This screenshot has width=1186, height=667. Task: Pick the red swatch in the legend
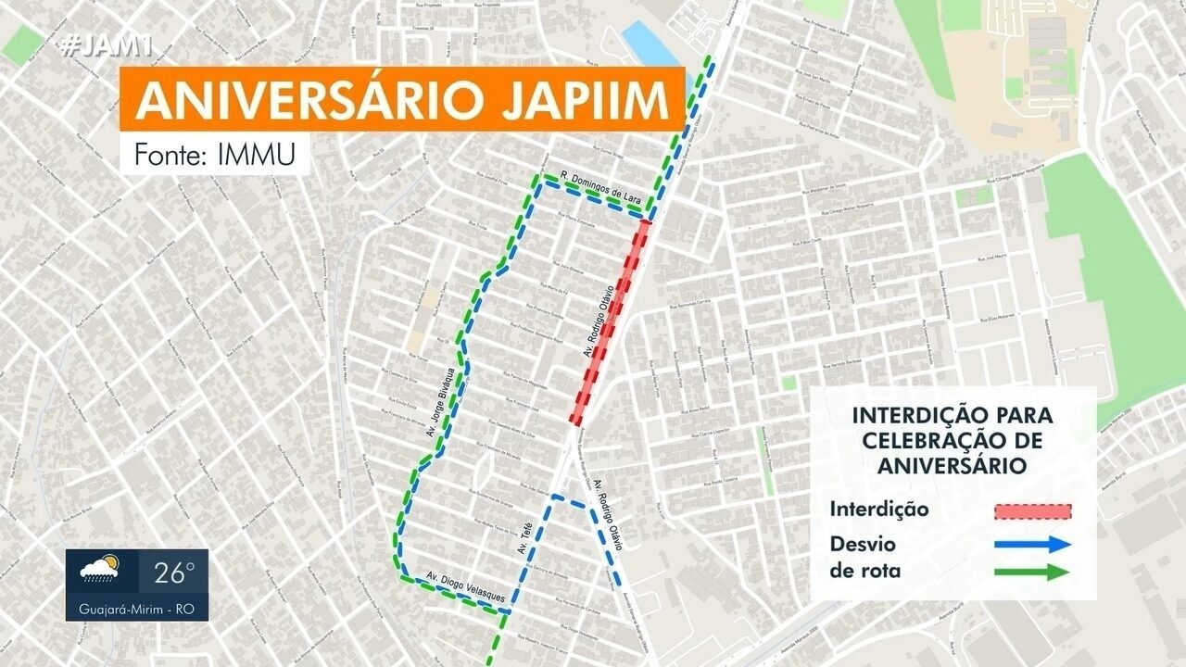pyautogui.click(x=1032, y=510)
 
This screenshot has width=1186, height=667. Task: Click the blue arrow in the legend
pyautogui.click(x=1032, y=544)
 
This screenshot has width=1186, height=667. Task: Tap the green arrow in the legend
pyautogui.click(x=1032, y=572)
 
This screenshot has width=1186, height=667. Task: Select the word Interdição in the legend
pyautogui.click(x=879, y=510)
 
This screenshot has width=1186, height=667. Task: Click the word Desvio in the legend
pyautogui.click(x=863, y=543)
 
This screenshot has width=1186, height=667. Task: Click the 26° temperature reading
pyautogui.click(x=175, y=573)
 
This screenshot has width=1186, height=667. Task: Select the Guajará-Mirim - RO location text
pyautogui.click(x=136, y=611)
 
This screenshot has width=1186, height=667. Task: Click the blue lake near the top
pyautogui.click(x=651, y=43)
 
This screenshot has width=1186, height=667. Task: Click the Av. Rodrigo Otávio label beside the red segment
pyautogui.click(x=599, y=324)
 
